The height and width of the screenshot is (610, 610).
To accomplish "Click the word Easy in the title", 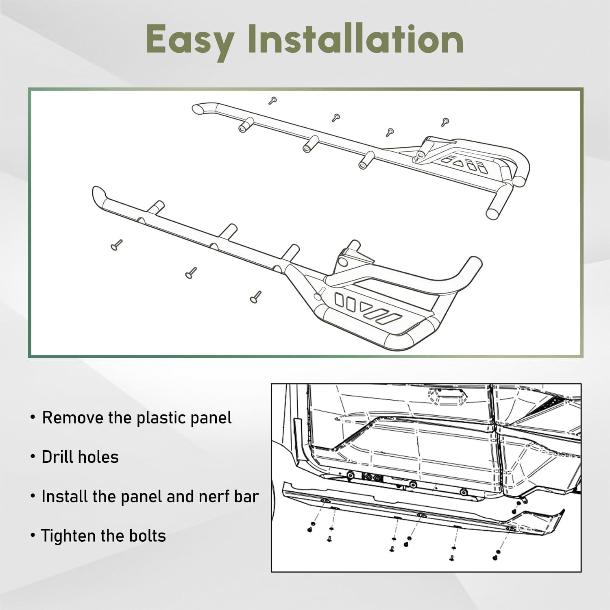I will [x=190, y=39].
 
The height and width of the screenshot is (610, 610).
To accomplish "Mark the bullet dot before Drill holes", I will [x=33, y=457].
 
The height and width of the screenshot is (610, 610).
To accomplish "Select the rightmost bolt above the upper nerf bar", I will [x=445, y=121].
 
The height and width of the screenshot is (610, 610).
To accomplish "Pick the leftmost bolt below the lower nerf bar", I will [x=116, y=245].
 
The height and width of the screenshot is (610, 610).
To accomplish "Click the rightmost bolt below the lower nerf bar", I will [x=255, y=297].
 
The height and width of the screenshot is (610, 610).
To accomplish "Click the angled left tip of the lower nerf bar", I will [x=98, y=193].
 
